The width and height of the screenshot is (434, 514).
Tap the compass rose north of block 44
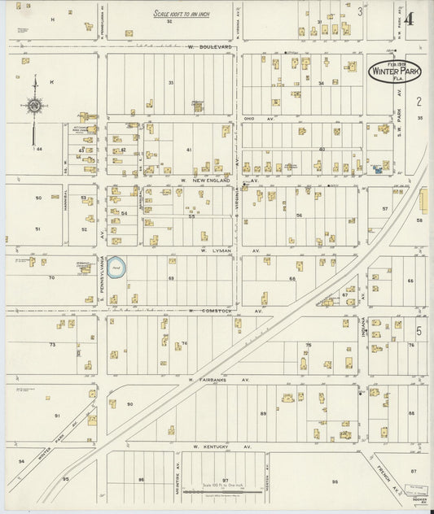pyautogui.click(x=34, y=104)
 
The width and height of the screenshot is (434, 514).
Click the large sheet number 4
pyautogui.click(x=408, y=19)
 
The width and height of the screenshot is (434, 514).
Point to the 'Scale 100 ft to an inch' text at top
pyautogui.click(x=181, y=14)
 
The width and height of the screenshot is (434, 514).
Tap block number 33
pyautogui.click(x=171, y=83)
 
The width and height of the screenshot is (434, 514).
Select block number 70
pyautogui.click(x=50, y=278)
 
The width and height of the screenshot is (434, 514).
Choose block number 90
pyautogui.click(x=129, y=404)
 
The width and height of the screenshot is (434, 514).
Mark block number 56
pyautogui.click(x=299, y=216)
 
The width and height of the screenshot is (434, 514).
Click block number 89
pyautogui.click(x=263, y=413)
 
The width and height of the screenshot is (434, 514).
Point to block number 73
pyautogui.click(x=52, y=345)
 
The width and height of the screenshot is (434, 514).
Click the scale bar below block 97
pyautogui.click(x=224, y=491)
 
